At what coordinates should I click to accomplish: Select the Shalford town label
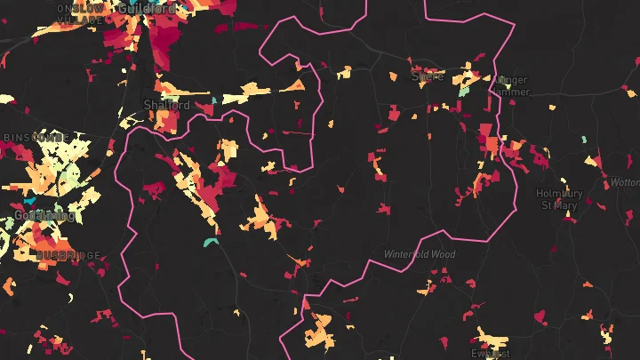pyautogui.click(x=166, y=105)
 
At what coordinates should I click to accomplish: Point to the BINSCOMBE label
pyautogui.click(x=35, y=138)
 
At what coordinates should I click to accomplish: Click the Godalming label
pyautogui.click(x=44, y=215)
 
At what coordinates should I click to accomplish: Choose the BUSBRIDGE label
pyautogui.click(x=68, y=255)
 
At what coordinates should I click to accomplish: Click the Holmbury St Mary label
pyautogui.click(x=558, y=199)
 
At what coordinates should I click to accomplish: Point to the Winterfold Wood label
pyautogui.click(x=419, y=254)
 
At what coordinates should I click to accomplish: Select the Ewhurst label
pyautogui.click(x=492, y=353)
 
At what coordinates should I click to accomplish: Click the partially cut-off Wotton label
pyautogui.click(x=626, y=182)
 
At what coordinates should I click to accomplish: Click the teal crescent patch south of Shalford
pyautogui.click(x=211, y=241)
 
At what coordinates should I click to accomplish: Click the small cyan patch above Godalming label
pyautogui.click(x=29, y=201)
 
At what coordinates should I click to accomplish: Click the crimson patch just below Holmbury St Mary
pyautogui.click(x=566, y=216)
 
